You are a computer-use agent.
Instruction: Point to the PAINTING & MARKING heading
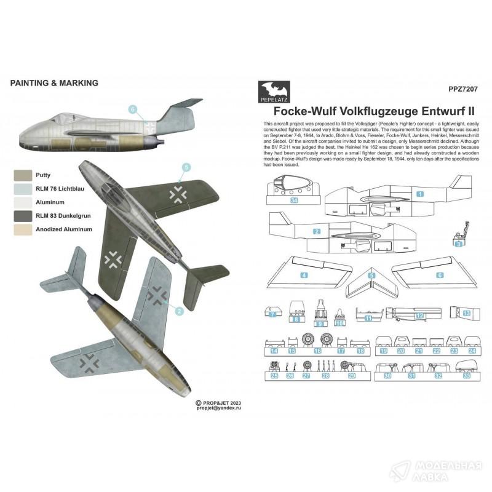(x=54, y=82)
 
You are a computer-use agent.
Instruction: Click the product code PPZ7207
(x=464, y=88)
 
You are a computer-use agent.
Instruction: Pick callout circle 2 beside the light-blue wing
(x=179, y=311)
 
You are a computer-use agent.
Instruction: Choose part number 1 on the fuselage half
(x=421, y=193)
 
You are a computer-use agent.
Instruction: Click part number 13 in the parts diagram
(x=467, y=314)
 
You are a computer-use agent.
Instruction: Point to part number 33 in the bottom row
(x=466, y=375)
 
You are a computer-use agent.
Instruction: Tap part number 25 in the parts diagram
(x=275, y=375)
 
